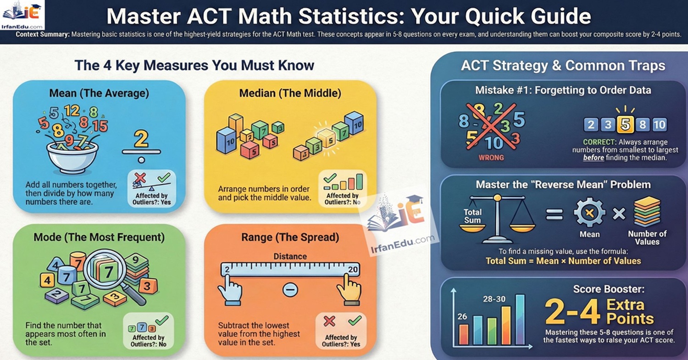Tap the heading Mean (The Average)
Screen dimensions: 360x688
tap(99, 94)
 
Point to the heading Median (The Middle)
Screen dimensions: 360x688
tap(290, 94)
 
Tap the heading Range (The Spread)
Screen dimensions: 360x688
tap(290, 237)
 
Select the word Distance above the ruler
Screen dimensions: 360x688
tap(290, 256)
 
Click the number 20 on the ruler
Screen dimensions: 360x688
tap(352, 269)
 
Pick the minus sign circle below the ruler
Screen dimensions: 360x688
tap(290, 289)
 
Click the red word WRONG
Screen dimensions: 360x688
tap(491, 157)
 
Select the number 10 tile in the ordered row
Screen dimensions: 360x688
tap(659, 124)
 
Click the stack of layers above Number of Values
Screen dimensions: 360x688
tap(647, 212)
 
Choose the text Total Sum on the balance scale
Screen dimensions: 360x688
tap(472, 216)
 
